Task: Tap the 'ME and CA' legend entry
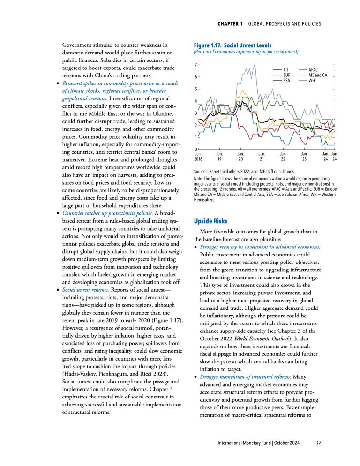point(318,75)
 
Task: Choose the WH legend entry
point(312,81)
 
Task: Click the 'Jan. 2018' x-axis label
point(199,157)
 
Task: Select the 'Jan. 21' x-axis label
point(262,157)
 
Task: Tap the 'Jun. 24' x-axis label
point(334,157)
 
